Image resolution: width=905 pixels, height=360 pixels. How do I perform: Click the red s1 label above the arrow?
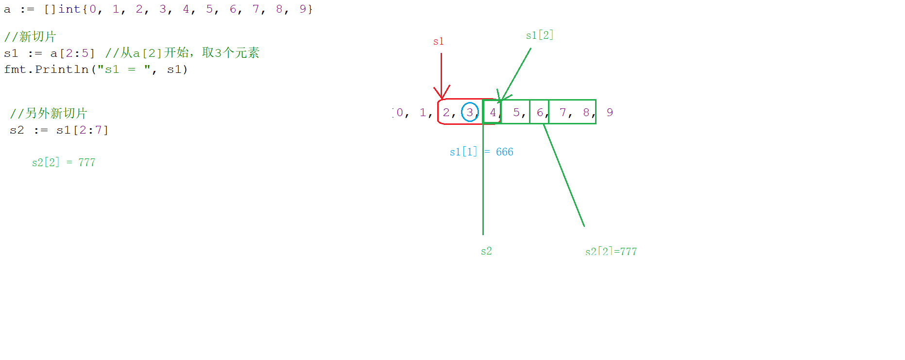438,41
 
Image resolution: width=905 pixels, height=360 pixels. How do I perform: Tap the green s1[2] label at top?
540,35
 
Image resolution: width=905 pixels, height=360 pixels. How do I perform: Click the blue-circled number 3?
470,112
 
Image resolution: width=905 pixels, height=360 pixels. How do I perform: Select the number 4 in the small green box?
493,113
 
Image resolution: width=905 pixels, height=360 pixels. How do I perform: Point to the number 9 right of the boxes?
610,113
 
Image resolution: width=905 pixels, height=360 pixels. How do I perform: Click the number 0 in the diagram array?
400,113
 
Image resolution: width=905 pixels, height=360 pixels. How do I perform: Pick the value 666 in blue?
505,152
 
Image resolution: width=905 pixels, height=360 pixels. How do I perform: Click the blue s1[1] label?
463,152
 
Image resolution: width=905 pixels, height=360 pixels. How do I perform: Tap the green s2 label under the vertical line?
486,251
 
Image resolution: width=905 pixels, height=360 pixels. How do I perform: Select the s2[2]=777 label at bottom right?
611,251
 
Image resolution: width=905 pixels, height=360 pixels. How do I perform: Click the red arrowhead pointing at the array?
442,92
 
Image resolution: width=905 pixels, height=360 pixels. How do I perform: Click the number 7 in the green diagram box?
563,113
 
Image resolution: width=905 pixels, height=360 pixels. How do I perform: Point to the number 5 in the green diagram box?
516,113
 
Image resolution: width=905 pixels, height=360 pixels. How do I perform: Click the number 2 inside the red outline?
446,113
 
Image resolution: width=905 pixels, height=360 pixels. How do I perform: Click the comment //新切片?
30,37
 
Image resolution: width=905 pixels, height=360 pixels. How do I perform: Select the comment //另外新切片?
49,114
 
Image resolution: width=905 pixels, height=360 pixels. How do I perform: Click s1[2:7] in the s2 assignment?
83,130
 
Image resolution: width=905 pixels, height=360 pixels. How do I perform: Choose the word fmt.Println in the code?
46,69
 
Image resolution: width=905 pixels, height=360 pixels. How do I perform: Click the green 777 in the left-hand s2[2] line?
87,162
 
